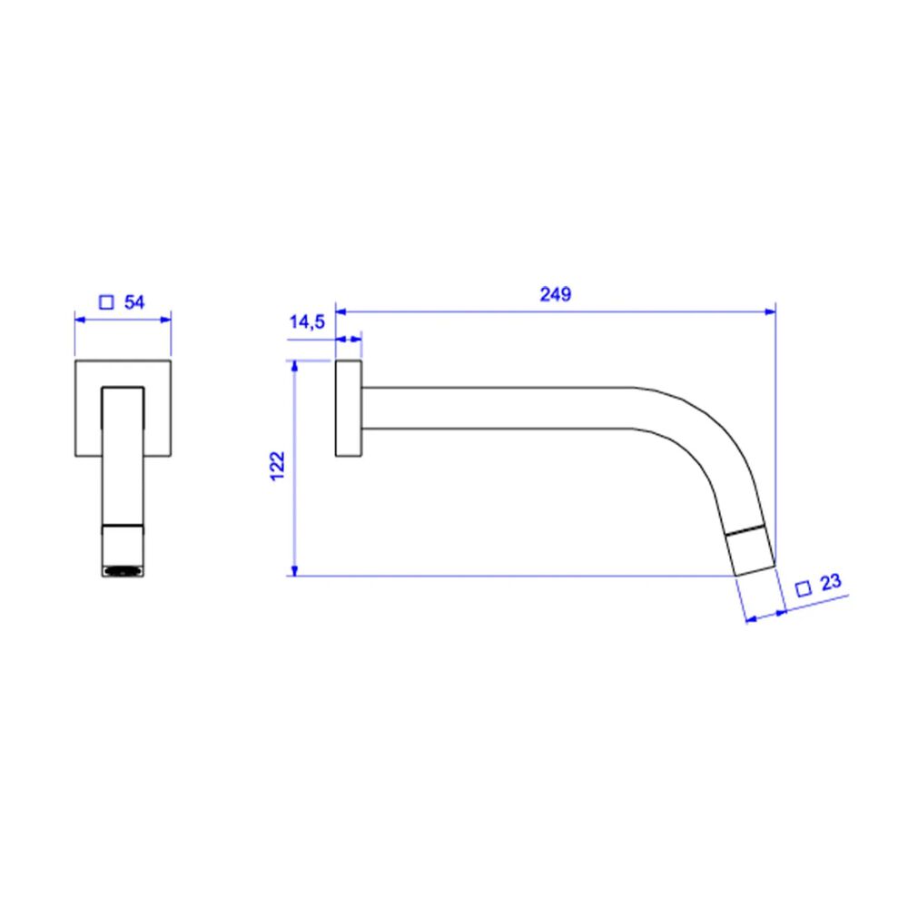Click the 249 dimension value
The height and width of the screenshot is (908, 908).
556,294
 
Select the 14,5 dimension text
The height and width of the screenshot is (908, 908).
307,322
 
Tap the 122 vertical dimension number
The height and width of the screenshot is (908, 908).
278,466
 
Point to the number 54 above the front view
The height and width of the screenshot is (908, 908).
134,301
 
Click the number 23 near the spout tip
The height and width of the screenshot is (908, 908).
831,582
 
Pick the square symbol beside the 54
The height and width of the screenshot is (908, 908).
106,302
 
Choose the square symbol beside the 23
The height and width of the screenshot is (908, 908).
804,589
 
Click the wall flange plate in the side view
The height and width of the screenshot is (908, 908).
349,409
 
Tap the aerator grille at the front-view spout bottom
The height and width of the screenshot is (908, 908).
123,571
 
